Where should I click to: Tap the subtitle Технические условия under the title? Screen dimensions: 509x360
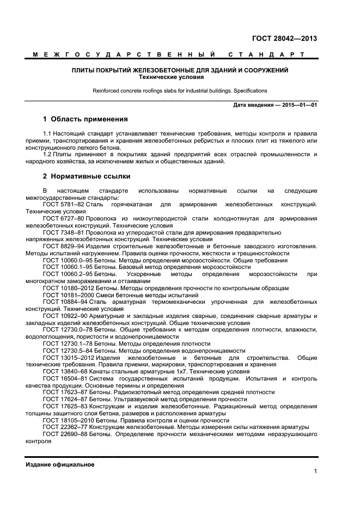(180, 77)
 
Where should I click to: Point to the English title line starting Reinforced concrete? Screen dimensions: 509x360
(180, 91)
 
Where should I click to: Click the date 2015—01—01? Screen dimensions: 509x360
(300, 104)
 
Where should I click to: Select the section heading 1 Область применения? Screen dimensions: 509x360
(85, 119)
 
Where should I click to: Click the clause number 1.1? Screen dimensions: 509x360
(47, 133)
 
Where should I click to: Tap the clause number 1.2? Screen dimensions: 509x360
(47, 154)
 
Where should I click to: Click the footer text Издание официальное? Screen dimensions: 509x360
(60, 464)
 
